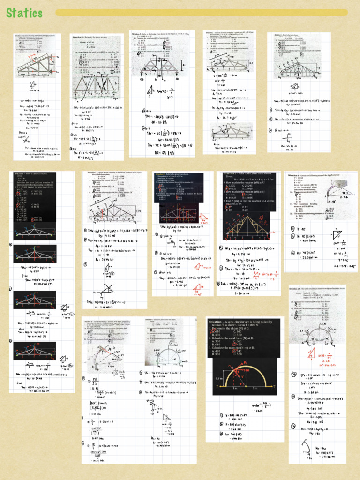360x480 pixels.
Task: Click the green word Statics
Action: click(24, 13)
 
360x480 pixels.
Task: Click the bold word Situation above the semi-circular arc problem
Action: click(218, 322)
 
